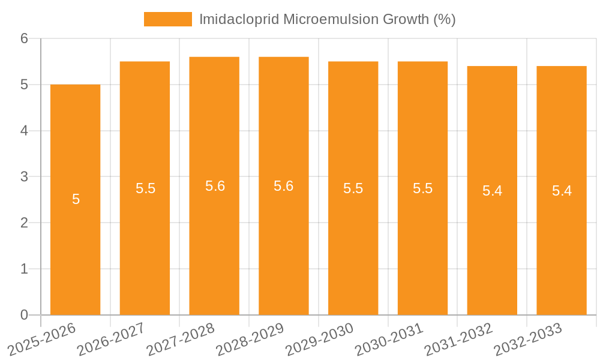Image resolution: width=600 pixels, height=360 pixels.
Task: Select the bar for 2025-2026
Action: [x=75, y=240]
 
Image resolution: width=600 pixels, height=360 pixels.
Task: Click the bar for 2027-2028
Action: [x=214, y=240]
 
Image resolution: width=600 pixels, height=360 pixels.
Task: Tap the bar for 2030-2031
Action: [x=422, y=240]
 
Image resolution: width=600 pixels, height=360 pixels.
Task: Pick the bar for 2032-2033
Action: [x=562, y=240]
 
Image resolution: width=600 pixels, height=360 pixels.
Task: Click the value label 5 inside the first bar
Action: [x=76, y=200]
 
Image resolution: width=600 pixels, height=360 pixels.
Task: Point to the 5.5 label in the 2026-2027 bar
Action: [x=145, y=188]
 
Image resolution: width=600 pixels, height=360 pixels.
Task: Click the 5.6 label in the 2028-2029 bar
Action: [x=283, y=186]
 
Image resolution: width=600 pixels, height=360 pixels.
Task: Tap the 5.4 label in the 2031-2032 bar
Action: [x=492, y=191]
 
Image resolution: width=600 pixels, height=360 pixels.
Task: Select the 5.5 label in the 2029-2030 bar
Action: [x=353, y=188]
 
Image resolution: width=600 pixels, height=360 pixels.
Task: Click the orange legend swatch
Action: [x=167, y=19]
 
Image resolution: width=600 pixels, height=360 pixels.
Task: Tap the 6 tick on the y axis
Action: [x=25, y=39]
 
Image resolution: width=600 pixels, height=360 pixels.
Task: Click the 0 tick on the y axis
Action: [x=25, y=315]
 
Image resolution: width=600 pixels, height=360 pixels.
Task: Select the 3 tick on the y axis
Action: [x=25, y=177]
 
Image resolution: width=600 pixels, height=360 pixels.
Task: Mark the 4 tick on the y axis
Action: [x=25, y=131]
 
